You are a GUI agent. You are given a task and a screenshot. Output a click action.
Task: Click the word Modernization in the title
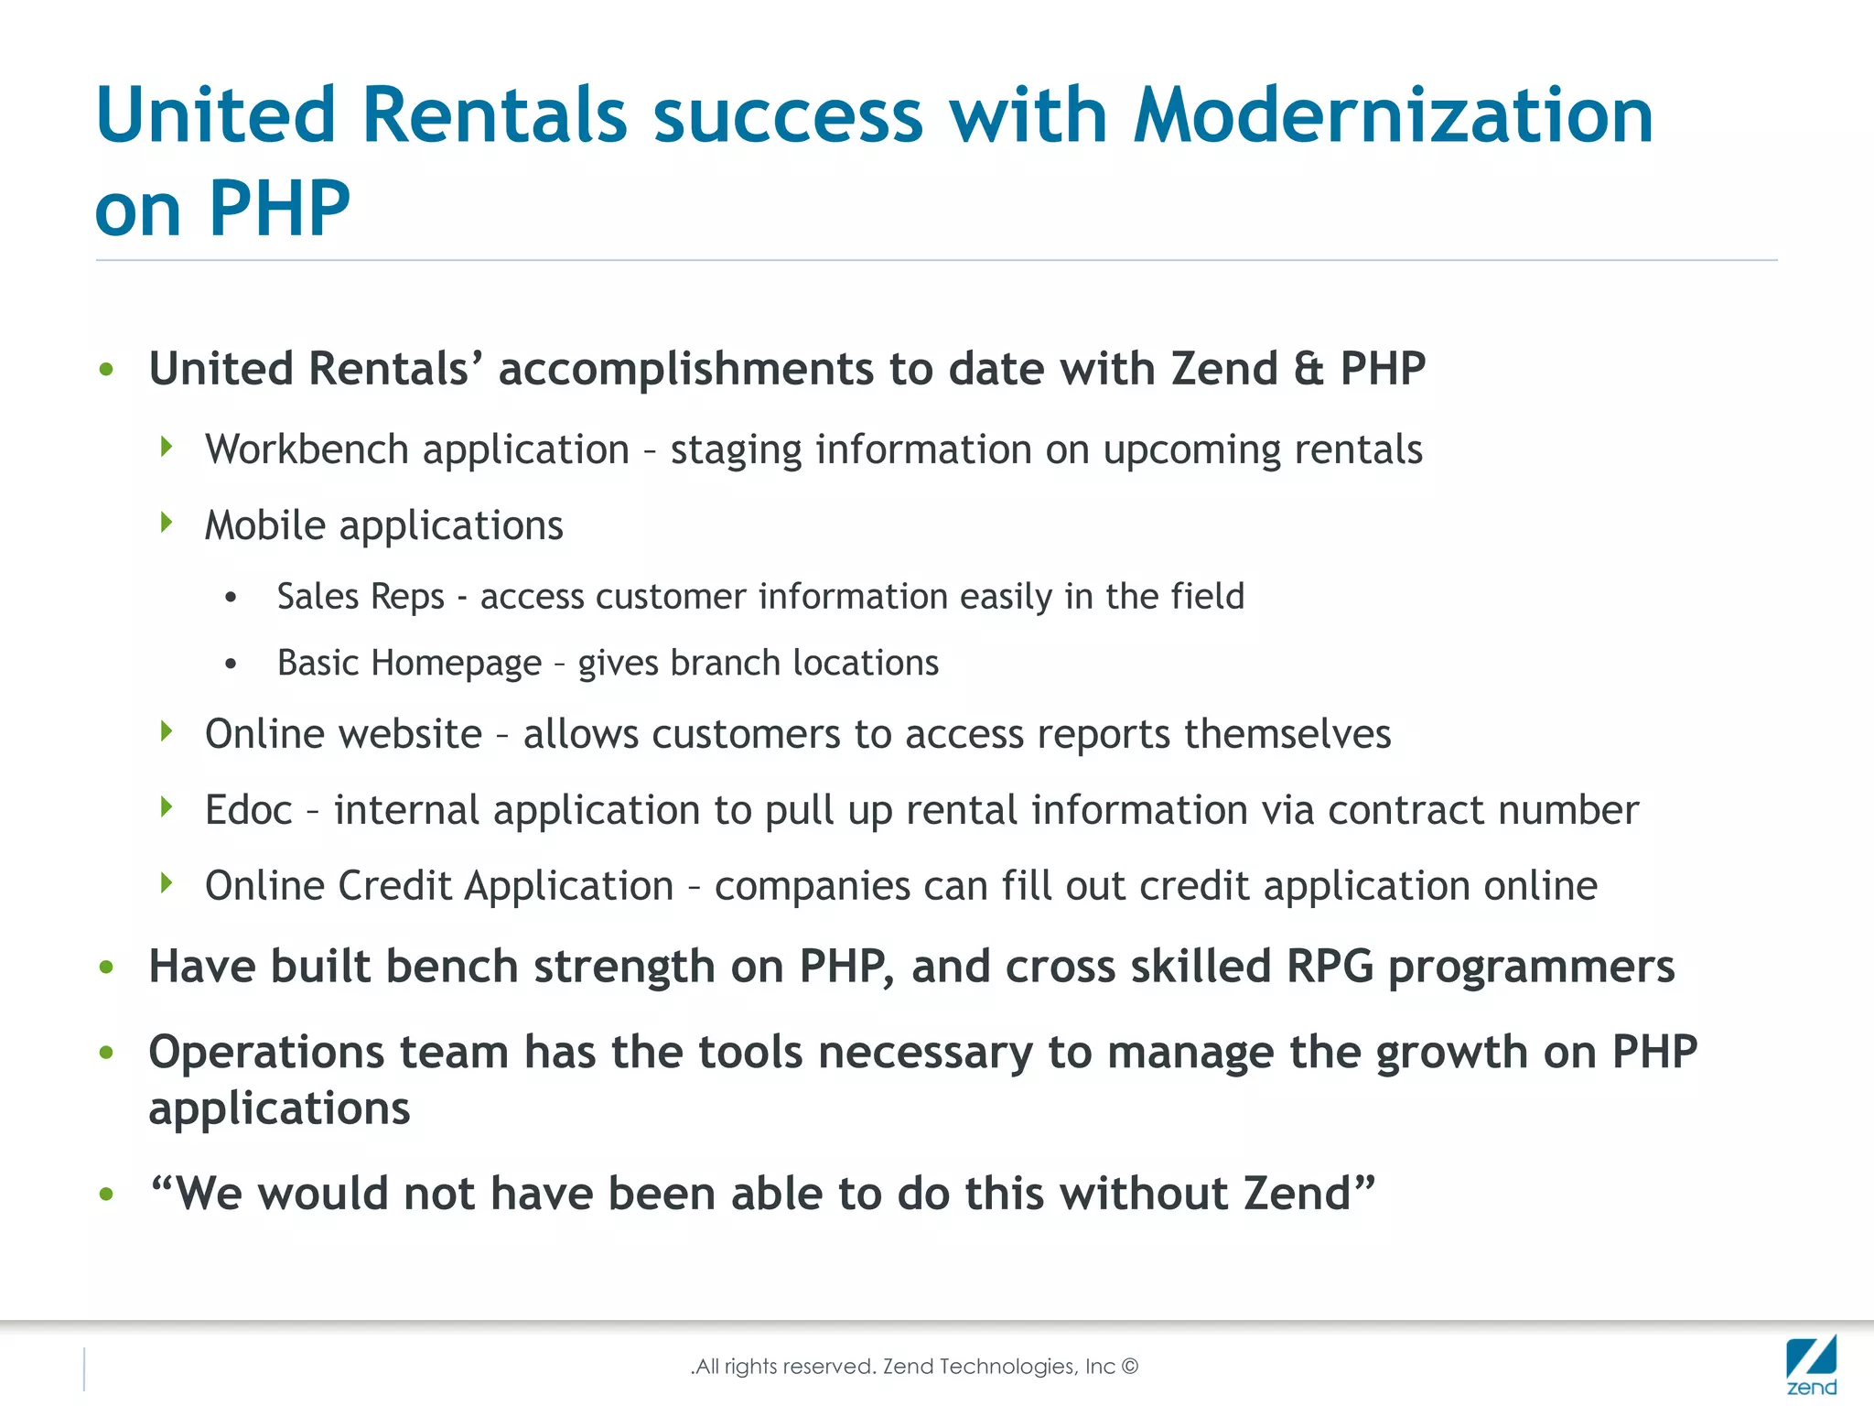coord(1393,115)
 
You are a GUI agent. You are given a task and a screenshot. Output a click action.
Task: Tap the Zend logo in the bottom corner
coord(1811,1364)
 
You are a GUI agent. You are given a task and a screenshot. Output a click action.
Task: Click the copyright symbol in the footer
coord(1130,1367)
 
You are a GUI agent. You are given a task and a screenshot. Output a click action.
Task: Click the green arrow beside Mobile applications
coord(167,523)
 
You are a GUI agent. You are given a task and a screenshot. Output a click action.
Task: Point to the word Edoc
coord(248,810)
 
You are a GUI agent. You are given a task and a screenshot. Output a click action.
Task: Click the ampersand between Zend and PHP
coord(1309,369)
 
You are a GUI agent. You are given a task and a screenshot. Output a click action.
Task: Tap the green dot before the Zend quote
coord(106,1194)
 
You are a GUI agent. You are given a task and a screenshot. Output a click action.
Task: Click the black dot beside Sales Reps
coord(231,598)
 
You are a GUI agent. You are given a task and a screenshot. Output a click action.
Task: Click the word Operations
coord(266,1052)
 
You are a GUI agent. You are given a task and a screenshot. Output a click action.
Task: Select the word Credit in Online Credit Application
coord(394,886)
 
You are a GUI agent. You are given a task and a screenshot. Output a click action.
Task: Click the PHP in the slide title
coord(279,209)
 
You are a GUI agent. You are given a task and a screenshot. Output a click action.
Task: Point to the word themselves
coord(1287,734)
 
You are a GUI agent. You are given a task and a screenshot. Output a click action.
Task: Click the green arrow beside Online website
coord(167,731)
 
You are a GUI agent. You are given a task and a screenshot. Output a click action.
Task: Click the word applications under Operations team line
coord(279,1109)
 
